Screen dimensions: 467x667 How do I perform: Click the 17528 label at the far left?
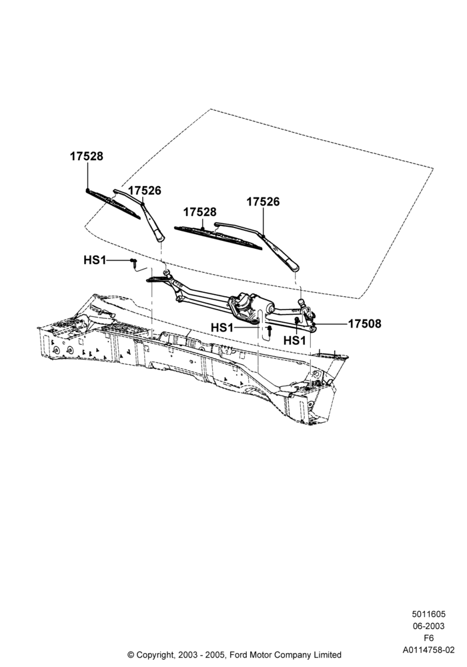pyautogui.click(x=86, y=157)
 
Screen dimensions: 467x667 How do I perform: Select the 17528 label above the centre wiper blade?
pyautogui.click(x=199, y=212)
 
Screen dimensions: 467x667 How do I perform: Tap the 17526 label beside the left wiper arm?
pyautogui.click(x=145, y=191)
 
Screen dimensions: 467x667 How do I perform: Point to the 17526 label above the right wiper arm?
pyautogui.click(x=264, y=201)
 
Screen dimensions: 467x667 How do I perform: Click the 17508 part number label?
pyautogui.click(x=365, y=324)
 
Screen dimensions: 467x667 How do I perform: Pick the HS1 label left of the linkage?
pyautogui.click(x=95, y=260)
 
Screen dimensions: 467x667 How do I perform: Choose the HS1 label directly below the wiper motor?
pyautogui.click(x=222, y=328)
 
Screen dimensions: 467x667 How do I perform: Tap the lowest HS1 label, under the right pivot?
pyautogui.click(x=295, y=341)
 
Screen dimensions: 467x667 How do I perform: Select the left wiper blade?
pyautogui.click(x=113, y=203)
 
